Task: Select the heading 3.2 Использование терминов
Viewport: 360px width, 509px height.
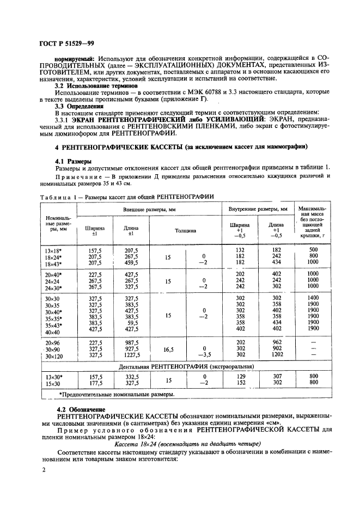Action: coord(96,85)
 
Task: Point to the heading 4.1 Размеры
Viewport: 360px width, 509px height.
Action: coord(74,162)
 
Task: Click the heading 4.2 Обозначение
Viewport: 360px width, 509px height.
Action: coord(81,408)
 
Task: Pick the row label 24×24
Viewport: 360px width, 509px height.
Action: coord(53,281)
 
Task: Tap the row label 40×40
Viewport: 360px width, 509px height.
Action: coord(53,332)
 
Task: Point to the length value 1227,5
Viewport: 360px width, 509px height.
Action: coord(131,355)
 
